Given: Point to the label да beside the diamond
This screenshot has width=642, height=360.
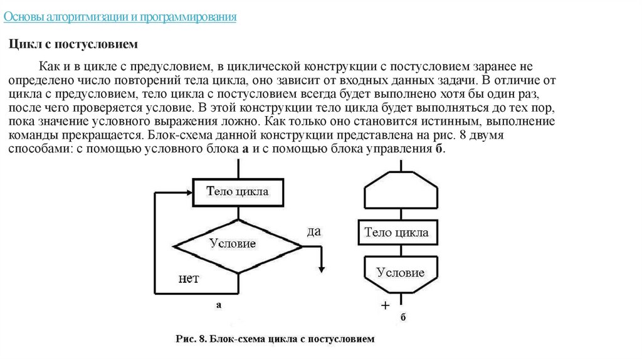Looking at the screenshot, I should point(313,231).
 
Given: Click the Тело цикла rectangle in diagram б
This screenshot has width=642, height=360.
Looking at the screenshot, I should point(397,233).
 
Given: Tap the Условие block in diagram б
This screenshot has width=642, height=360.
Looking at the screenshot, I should point(400,272).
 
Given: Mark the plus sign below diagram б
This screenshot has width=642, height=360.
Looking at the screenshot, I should point(385,305).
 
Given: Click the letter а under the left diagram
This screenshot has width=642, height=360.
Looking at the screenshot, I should point(219,305).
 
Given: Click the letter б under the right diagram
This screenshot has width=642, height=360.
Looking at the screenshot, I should point(403,317).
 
